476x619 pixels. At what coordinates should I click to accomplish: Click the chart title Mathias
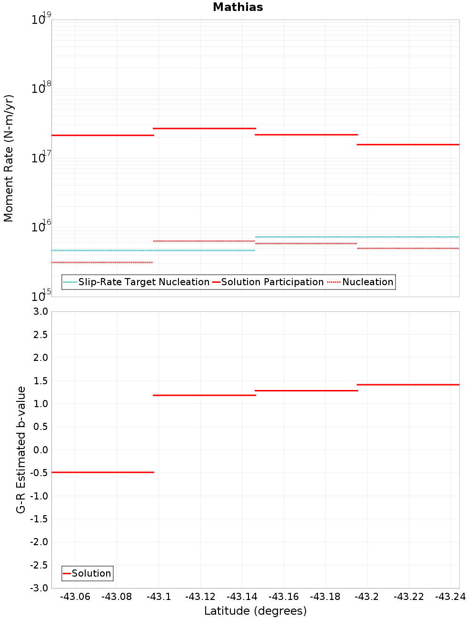[x=238, y=7]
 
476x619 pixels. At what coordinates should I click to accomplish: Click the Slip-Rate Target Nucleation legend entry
[x=143, y=282]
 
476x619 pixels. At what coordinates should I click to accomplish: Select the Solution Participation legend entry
[x=272, y=282]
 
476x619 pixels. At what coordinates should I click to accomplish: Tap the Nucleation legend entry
[x=367, y=282]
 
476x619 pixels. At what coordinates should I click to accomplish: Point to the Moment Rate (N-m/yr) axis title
[x=9, y=158]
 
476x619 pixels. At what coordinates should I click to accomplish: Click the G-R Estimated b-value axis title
[x=21, y=449]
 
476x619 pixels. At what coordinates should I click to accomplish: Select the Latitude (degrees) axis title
[x=255, y=611]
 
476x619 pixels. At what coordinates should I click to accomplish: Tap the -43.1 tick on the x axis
[x=159, y=597]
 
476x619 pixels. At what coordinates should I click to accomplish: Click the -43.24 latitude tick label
[x=451, y=597]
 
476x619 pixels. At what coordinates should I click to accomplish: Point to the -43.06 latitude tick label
[x=75, y=597]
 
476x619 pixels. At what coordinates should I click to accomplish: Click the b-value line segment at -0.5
[x=102, y=472]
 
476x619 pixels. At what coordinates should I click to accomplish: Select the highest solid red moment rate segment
[x=204, y=128]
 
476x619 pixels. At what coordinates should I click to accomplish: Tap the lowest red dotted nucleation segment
[x=102, y=262]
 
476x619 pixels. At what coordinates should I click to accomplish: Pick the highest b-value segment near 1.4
[x=408, y=384]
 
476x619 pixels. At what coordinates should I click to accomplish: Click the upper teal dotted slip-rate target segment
[x=357, y=237]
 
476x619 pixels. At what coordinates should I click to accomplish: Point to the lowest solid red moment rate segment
[x=408, y=144]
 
